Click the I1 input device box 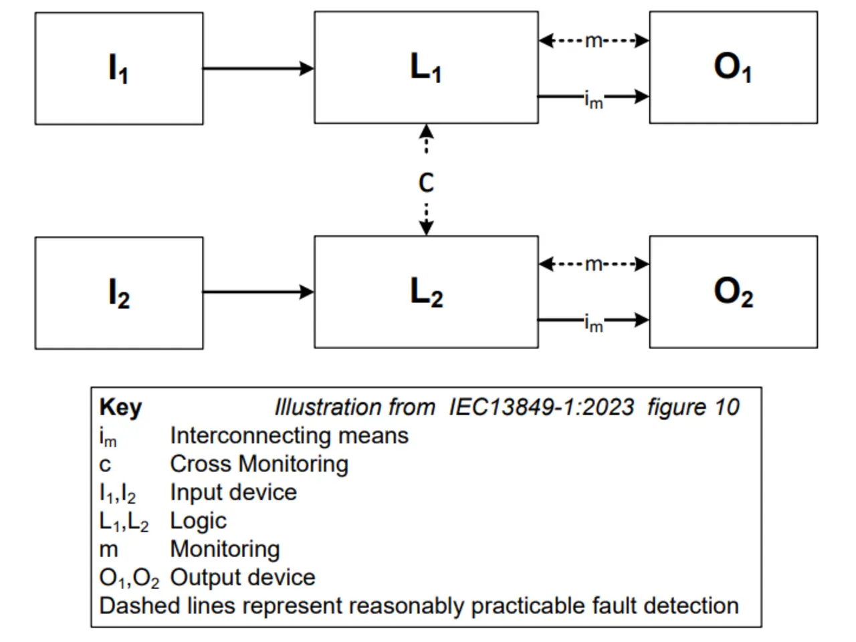119,68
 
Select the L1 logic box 426,68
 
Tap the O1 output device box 733,68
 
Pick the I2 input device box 119,293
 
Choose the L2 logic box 426,292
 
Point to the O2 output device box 733,292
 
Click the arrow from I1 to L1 258,68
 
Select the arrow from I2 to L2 258,292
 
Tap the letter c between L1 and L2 426,183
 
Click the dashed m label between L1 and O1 593,41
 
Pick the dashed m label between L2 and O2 593,264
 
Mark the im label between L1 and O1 593,100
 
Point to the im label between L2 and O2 593,324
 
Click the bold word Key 120,407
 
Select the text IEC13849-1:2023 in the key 541,407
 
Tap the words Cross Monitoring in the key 259,463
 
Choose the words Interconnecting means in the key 289,435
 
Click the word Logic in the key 198,520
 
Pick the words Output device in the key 242,577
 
